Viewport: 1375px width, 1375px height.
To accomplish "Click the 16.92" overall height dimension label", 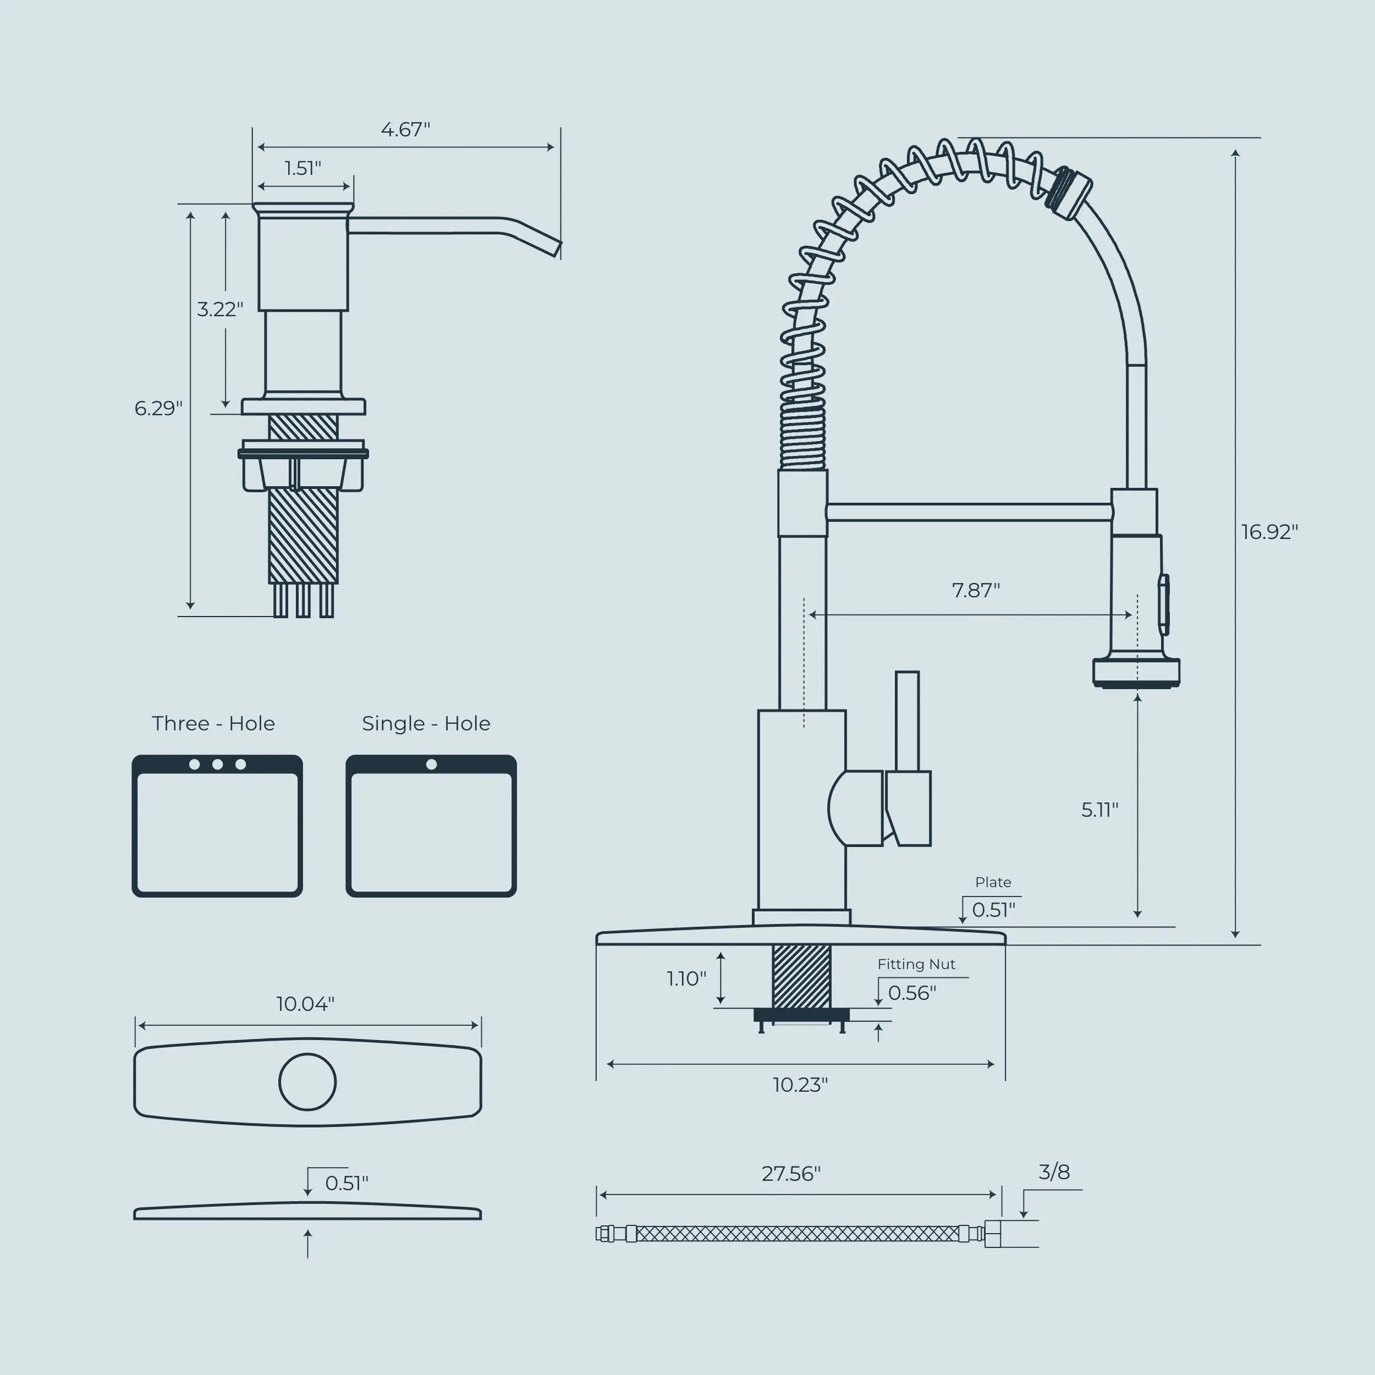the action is pos(1269,532).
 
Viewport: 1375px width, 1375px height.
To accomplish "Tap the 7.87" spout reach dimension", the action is pos(976,590).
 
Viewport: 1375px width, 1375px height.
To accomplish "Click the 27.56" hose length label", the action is pos(791,1173).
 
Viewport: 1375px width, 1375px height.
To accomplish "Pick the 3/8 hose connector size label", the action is pos(1054,1171).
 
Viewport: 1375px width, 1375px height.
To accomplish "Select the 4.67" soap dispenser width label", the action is pos(406,130).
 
